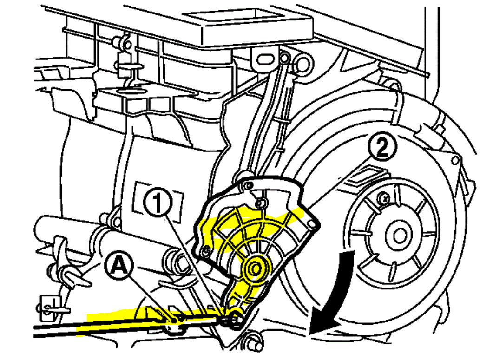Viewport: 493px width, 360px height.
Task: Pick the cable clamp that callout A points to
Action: point(174,321)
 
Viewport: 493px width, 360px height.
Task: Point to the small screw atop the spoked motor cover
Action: point(384,199)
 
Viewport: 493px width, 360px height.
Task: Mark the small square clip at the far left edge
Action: point(46,304)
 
